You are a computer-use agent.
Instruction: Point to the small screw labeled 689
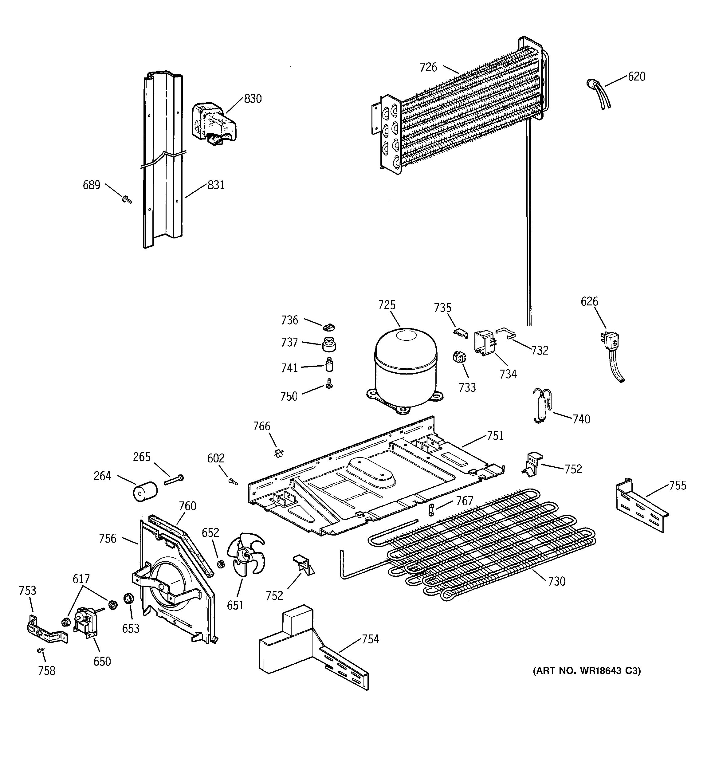127,199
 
